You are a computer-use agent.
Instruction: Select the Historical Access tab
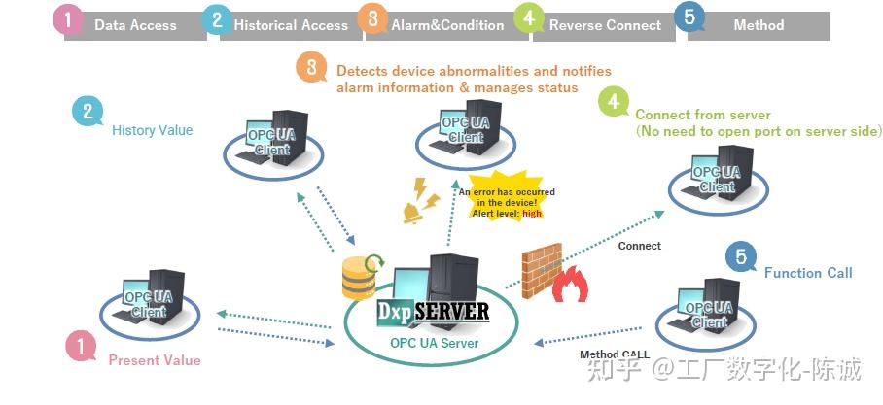pyautogui.click(x=290, y=25)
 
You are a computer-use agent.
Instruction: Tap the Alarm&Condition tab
pyautogui.click(x=448, y=25)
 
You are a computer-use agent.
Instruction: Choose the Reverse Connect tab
pyautogui.click(x=604, y=25)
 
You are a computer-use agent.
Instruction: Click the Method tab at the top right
pyautogui.click(x=759, y=25)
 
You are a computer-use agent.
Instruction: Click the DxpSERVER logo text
pyautogui.click(x=432, y=312)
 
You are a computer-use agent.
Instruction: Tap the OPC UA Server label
pyautogui.click(x=433, y=342)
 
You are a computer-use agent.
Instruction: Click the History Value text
pyautogui.click(x=152, y=130)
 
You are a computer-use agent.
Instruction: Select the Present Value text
pyautogui.click(x=155, y=360)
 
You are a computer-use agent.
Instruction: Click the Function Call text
pyautogui.click(x=807, y=273)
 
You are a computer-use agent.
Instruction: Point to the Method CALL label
pyautogui.click(x=615, y=354)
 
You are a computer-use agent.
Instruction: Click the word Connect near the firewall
pyautogui.click(x=639, y=246)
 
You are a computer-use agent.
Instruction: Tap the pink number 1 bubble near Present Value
pyautogui.click(x=81, y=345)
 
